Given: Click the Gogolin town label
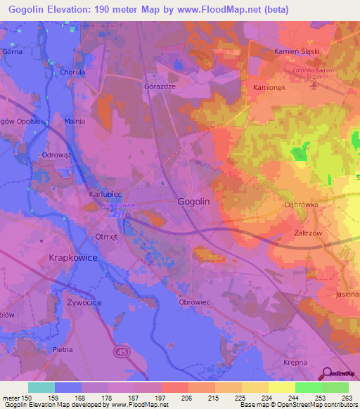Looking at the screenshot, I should click(193, 202).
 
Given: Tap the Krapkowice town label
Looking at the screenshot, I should click(72, 259).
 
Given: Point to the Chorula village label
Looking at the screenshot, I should click(72, 72).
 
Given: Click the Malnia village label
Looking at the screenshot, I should click(75, 121).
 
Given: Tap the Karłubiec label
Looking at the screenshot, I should click(106, 193).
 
